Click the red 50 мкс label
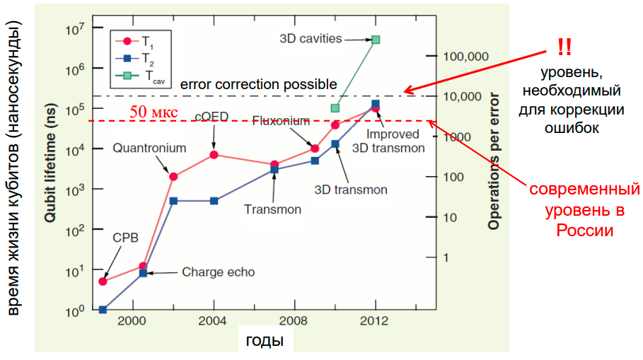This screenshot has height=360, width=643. [x=152, y=112]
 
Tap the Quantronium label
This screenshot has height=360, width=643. [x=149, y=149]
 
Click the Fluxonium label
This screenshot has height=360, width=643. [x=279, y=121]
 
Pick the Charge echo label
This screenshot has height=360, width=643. [x=219, y=272]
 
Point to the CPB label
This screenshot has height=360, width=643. [x=126, y=237]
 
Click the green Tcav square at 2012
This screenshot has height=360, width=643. [x=376, y=40]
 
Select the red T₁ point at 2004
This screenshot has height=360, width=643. [x=214, y=154]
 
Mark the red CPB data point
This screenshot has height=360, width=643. [x=103, y=281]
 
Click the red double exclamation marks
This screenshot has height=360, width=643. [x=564, y=47]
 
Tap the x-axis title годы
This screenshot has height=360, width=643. [x=265, y=341]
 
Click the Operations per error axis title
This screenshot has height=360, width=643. [x=494, y=162]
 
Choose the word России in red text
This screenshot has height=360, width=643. [x=584, y=231]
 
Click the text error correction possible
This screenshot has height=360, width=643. [x=258, y=85]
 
